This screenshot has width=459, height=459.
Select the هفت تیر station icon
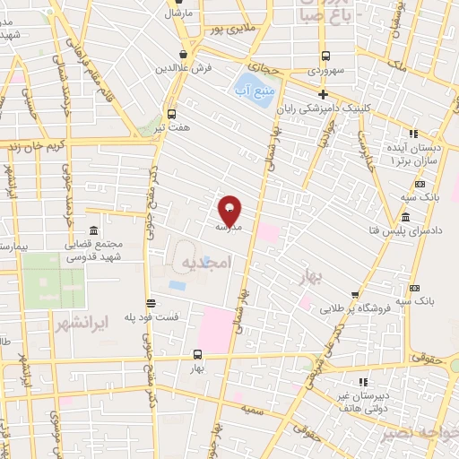[x=170, y=114]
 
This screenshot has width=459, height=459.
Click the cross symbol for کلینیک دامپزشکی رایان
[x=324, y=94]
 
